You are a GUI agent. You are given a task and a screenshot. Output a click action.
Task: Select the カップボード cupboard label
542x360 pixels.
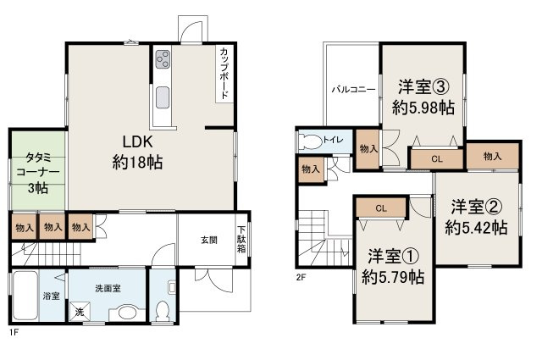[x=223, y=73]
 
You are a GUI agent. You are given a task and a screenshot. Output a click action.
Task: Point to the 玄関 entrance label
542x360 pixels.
[x=209, y=240]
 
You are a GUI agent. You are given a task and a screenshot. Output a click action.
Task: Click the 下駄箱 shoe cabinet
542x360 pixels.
[x=242, y=239]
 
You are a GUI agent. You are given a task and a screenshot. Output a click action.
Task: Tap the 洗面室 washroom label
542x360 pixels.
[x=106, y=288]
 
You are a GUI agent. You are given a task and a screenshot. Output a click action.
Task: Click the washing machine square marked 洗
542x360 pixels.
[x=80, y=312]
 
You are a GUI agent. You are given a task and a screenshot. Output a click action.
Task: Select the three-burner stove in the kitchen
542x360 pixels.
[x=162, y=60]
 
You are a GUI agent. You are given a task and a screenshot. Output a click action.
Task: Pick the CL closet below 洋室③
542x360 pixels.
[x=436, y=158]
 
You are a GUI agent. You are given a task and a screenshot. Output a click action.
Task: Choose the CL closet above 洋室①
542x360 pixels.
[x=381, y=208]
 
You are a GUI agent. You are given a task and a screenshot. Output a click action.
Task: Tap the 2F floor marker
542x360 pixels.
[x=301, y=276]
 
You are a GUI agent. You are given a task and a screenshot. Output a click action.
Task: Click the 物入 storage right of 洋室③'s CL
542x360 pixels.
[x=492, y=156]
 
